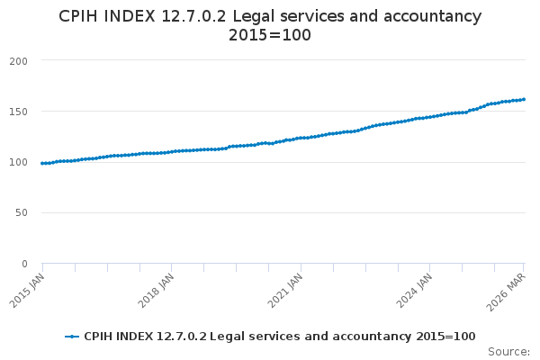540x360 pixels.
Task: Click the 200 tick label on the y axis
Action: coord(19,61)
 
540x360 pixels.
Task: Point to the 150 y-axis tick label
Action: coord(19,112)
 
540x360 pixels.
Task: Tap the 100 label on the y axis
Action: coord(19,162)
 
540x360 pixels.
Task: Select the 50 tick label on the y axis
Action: coord(22,213)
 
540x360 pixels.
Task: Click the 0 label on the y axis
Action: coord(24,265)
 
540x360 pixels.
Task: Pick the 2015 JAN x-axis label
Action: coord(27,291)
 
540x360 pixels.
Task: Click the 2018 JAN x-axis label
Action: coord(156,291)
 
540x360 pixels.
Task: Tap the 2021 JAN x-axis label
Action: coord(285,291)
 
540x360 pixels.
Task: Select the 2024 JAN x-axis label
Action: coord(414,291)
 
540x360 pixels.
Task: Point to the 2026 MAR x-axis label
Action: coord(506,292)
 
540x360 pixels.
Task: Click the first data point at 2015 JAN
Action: coord(42,163)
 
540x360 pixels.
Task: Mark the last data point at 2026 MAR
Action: coord(524,100)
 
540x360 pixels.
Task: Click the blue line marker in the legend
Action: coord(72,337)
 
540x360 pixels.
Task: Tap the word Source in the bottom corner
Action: coord(508,352)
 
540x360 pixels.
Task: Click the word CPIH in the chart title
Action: coord(78,16)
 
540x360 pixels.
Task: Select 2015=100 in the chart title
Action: coord(270,35)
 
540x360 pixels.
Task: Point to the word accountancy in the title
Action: coord(432,17)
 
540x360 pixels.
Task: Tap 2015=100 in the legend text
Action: coord(445,337)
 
